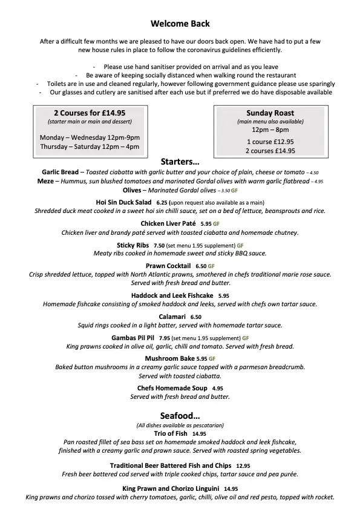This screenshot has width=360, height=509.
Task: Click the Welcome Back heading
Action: [180, 24]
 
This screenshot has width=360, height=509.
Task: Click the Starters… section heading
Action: [180, 162]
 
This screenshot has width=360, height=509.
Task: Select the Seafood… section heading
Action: [180, 416]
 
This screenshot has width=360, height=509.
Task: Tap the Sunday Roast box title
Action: [270, 113]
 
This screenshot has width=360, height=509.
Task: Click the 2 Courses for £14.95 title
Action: [90, 113]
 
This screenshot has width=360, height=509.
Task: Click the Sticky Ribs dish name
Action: [133, 245]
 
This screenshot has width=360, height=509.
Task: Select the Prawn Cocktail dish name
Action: [168, 266]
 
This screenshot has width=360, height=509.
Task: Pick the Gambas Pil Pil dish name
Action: [133, 338]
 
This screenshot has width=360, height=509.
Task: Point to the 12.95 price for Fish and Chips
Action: [243, 466]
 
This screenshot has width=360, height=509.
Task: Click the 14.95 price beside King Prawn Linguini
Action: [231, 488]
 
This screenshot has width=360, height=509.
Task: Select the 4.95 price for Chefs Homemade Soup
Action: [217, 388]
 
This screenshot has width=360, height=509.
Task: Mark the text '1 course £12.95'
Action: [270, 140]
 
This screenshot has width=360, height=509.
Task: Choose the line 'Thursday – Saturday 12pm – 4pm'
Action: [90, 147]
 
